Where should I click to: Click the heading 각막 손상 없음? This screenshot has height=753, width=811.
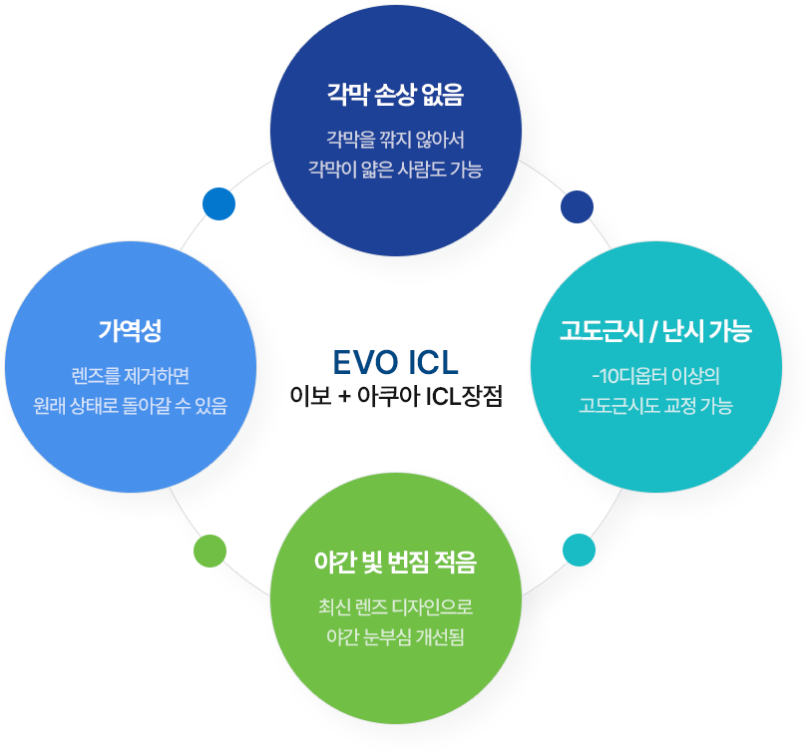[x=396, y=96]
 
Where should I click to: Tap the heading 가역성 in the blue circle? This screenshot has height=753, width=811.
[x=130, y=330]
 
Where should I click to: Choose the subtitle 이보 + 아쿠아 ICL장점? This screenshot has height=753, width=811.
[x=396, y=396]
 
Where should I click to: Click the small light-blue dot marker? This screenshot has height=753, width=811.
[x=218, y=202]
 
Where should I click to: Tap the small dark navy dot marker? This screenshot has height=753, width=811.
[x=577, y=205]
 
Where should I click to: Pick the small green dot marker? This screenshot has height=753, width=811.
[x=209, y=551]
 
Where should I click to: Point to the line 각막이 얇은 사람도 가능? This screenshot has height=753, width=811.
[x=396, y=170]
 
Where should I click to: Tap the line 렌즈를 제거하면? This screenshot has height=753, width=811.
[x=130, y=375]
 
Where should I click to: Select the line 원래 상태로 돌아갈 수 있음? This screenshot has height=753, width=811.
[x=130, y=406]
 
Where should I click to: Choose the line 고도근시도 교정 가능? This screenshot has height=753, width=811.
[x=655, y=406]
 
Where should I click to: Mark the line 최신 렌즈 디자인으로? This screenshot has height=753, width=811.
[x=396, y=605]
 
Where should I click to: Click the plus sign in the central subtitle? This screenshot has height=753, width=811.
[x=343, y=396]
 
